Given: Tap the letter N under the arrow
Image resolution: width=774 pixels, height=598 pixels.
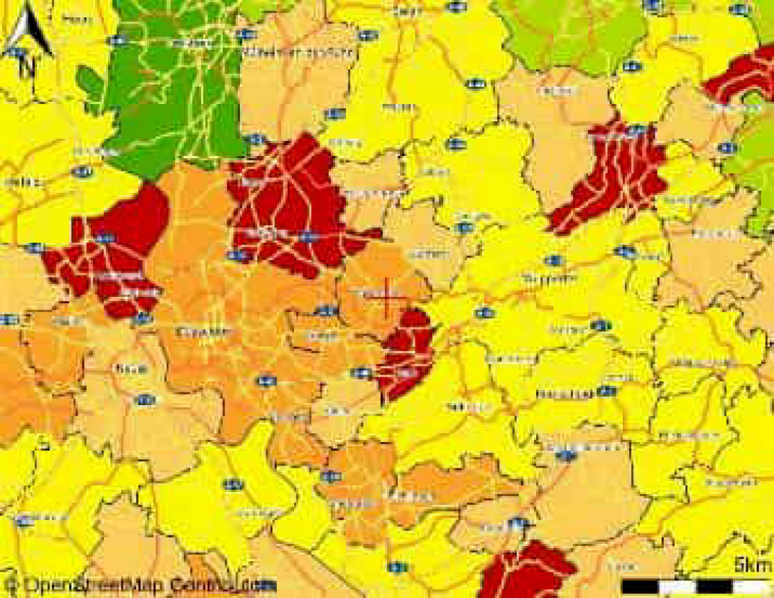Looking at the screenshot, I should tap(28, 67).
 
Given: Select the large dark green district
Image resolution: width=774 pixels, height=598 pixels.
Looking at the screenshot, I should tap(173, 90).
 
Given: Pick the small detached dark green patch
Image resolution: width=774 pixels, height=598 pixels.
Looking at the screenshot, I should tap(90, 87).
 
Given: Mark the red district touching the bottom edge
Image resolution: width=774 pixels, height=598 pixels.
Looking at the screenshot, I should tap(527, 572).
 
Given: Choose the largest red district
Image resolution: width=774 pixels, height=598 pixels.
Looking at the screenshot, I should tap(291, 205).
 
